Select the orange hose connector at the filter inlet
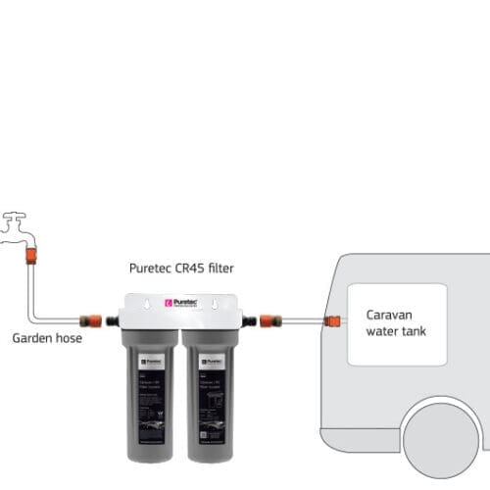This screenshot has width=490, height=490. (x=90, y=319)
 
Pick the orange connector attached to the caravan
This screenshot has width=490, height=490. (x=333, y=319)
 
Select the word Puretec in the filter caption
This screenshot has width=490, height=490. (x=151, y=268)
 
